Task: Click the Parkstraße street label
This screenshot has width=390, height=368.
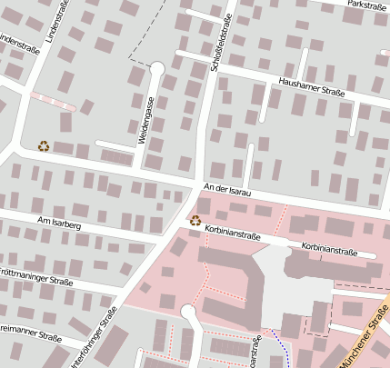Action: [365, 8]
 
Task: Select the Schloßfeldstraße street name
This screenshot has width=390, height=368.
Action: [225, 36]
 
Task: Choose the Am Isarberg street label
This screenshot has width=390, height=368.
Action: [59, 223]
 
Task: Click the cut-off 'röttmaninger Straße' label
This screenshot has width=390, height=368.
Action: [36, 278]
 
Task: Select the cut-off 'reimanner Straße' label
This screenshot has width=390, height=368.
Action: [30, 333]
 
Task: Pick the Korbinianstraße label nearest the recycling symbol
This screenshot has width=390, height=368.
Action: [233, 231]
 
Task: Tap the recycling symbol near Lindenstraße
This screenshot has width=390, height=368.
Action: [43, 145]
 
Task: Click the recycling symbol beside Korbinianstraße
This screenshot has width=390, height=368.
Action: [195, 220]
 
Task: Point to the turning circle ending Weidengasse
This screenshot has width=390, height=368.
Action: [156, 67]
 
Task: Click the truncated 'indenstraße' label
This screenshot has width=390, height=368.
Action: [17, 44]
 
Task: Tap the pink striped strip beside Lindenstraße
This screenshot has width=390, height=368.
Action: [53, 100]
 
